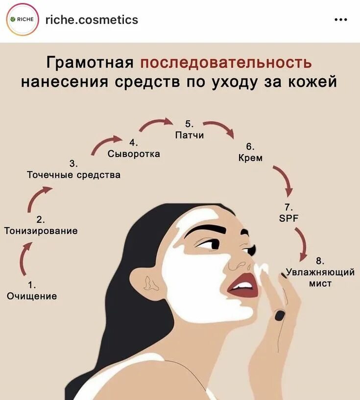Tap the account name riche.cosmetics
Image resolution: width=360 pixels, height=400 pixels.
92,20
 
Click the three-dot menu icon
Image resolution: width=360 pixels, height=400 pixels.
340,20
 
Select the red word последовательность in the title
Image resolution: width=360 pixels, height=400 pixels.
226,63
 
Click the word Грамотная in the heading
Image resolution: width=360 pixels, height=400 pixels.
90,63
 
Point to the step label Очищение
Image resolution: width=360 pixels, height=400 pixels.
31,296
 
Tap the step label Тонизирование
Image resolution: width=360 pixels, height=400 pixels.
41,231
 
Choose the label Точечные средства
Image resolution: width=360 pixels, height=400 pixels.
73,175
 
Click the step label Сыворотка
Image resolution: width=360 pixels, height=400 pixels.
134,154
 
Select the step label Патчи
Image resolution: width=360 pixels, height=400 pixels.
189,135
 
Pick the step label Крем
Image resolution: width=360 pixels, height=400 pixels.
250,158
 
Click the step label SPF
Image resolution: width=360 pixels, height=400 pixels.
288,218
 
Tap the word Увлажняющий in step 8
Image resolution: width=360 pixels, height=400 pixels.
321,272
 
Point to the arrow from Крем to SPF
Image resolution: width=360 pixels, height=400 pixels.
284,180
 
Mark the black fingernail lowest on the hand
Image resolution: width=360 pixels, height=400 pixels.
280,315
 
